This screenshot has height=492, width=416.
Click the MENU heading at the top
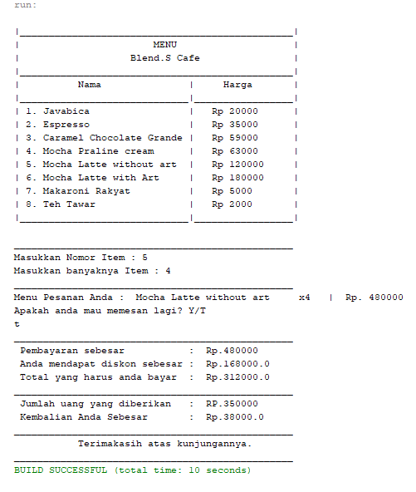pos(164,45)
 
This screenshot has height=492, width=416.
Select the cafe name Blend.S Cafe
pos(164,58)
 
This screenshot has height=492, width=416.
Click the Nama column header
pos(89,85)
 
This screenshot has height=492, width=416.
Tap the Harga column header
pos(237,85)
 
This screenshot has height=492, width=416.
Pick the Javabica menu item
pos(57,111)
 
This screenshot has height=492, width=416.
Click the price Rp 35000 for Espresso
pos(235,125)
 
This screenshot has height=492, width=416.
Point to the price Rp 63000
pos(235,151)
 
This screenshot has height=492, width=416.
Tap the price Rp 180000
pos(237,178)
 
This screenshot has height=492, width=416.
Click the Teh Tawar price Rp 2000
pos(232,204)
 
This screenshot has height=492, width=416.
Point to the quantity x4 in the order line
pos(304,298)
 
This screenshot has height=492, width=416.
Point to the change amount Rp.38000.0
pos(235,417)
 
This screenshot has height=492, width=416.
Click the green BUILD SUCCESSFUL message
pos(132,470)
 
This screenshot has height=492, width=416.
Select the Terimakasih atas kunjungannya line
pos(164,444)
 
